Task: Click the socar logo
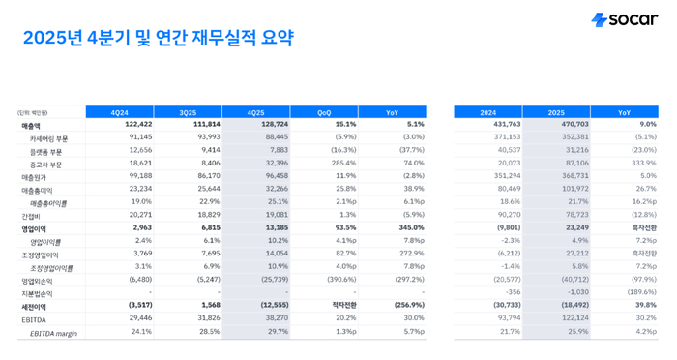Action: point(624,19)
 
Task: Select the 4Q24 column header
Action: point(120,112)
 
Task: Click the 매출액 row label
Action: point(32,125)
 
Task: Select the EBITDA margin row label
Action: point(52,333)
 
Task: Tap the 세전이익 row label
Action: point(35,306)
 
